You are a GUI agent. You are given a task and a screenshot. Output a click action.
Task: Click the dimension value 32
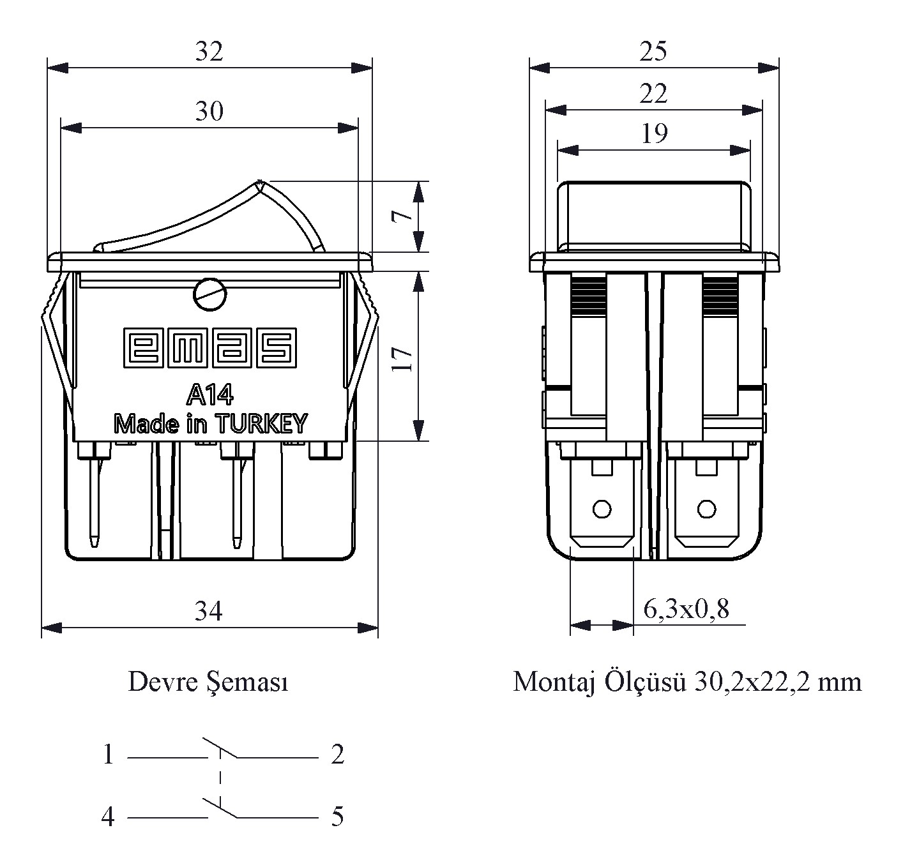tap(209, 52)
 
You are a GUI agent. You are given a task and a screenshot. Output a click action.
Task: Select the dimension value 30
tap(209, 112)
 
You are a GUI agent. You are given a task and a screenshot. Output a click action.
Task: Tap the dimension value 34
tap(209, 612)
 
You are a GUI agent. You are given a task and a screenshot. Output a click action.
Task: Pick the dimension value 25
tap(653, 52)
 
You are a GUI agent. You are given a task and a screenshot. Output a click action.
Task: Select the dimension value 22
tap(653, 94)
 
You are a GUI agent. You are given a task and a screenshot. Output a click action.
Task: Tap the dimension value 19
tap(653, 133)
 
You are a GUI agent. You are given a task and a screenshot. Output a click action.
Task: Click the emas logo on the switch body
tap(209, 349)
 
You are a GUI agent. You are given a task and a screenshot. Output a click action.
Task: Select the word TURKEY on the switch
tap(262, 423)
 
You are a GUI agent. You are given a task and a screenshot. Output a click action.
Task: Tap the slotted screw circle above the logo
tap(209, 295)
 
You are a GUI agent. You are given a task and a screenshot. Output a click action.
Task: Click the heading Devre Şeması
tap(209, 682)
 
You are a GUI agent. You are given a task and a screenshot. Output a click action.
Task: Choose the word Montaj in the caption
tap(551, 682)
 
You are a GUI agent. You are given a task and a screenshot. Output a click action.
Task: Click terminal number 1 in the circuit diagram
tap(109, 755)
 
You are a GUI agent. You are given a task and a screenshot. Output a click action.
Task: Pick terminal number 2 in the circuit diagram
tap(338, 755)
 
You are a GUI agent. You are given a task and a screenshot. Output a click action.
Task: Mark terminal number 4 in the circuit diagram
tap(109, 817)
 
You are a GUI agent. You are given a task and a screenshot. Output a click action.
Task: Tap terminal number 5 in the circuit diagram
tap(338, 817)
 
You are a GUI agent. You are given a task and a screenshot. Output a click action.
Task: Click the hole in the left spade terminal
tap(602, 509)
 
